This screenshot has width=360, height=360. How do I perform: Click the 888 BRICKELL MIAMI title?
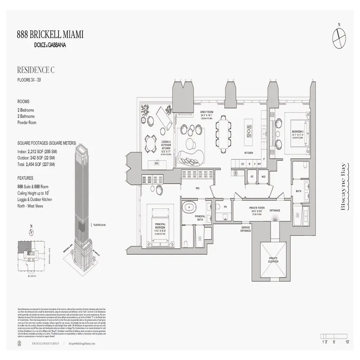(x=50, y=34)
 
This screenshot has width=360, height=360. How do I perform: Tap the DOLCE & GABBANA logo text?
(x=50, y=45)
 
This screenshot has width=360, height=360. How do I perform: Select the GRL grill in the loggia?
(x=157, y=163)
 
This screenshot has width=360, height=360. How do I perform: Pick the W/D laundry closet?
(x=263, y=177)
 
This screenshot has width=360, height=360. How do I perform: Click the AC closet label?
(x=252, y=177)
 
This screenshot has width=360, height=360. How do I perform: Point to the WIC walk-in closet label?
(x=197, y=188)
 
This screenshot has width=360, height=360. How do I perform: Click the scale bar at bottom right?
(x=335, y=336)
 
